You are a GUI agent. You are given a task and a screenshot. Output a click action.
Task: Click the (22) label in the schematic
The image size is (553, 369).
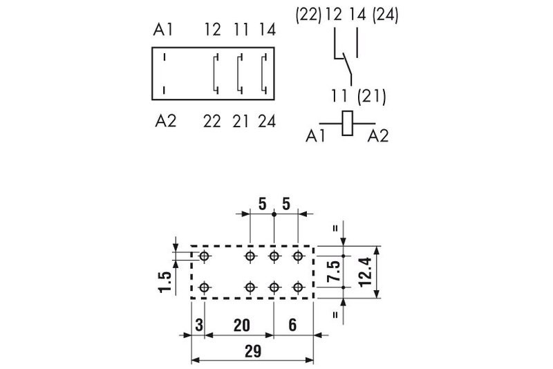(309, 15)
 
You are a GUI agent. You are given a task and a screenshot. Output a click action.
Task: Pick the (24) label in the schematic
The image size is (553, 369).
(385, 15)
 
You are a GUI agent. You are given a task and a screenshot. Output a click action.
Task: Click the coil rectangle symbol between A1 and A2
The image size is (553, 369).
(348, 123)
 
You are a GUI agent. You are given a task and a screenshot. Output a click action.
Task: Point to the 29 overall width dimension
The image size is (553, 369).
(252, 351)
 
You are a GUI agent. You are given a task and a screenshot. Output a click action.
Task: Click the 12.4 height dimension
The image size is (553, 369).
(364, 272)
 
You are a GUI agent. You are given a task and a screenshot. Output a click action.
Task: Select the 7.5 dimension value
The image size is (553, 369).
(333, 272)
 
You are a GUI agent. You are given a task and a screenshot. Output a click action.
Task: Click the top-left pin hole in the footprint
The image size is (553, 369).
(205, 256)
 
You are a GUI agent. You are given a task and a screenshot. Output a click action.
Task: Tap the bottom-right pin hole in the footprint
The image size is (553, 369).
(298, 287)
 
